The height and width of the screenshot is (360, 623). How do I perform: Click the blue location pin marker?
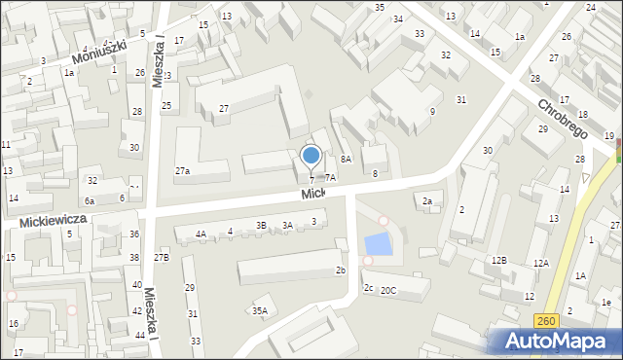click(311, 156)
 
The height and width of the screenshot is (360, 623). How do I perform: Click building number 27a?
click(182, 171)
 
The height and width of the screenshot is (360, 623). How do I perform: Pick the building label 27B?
click(161, 257)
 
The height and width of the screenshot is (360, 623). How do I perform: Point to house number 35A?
click(259, 311)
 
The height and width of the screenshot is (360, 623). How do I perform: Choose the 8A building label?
click(346, 159)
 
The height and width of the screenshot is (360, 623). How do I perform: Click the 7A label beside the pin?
click(330, 177)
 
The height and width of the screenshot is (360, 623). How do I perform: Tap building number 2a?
click(426, 201)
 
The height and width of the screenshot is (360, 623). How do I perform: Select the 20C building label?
click(388, 291)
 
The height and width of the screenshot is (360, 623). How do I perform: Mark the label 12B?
click(498, 261)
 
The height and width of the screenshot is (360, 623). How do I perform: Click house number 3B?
click(261, 226)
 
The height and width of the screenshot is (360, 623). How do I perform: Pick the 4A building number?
click(201, 234)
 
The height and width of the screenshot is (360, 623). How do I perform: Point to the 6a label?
click(89, 200)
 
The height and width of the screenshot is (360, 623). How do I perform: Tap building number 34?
click(398, 19)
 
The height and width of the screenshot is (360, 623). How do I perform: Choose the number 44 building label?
click(141, 336)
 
